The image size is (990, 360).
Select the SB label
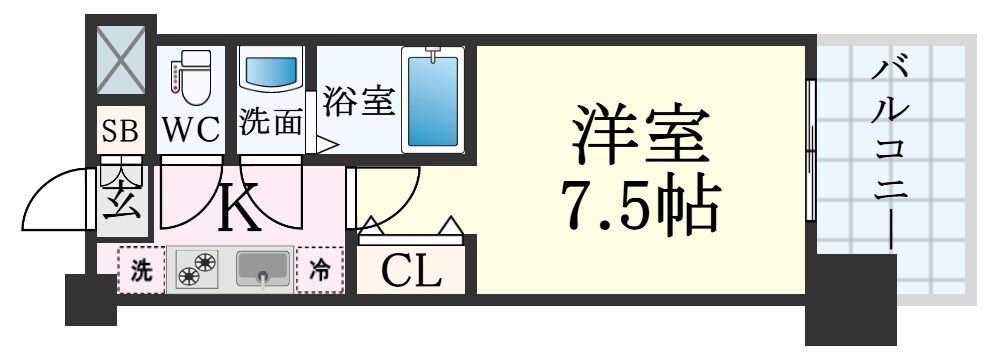(x=123, y=130)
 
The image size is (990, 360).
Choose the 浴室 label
(x=358, y=102)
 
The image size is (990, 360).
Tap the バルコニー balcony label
(x=889, y=150)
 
